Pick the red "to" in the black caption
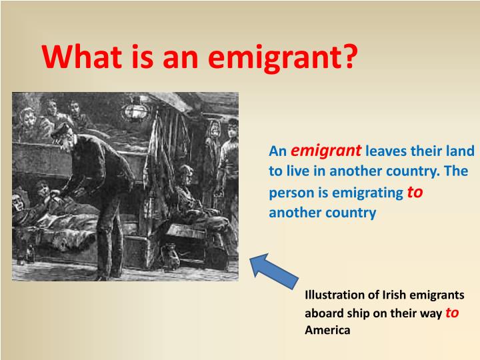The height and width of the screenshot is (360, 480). click(451, 313)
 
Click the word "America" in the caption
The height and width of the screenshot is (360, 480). click(327, 330)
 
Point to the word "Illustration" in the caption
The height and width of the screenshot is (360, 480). click(334, 295)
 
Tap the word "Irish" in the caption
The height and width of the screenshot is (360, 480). click(391, 295)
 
